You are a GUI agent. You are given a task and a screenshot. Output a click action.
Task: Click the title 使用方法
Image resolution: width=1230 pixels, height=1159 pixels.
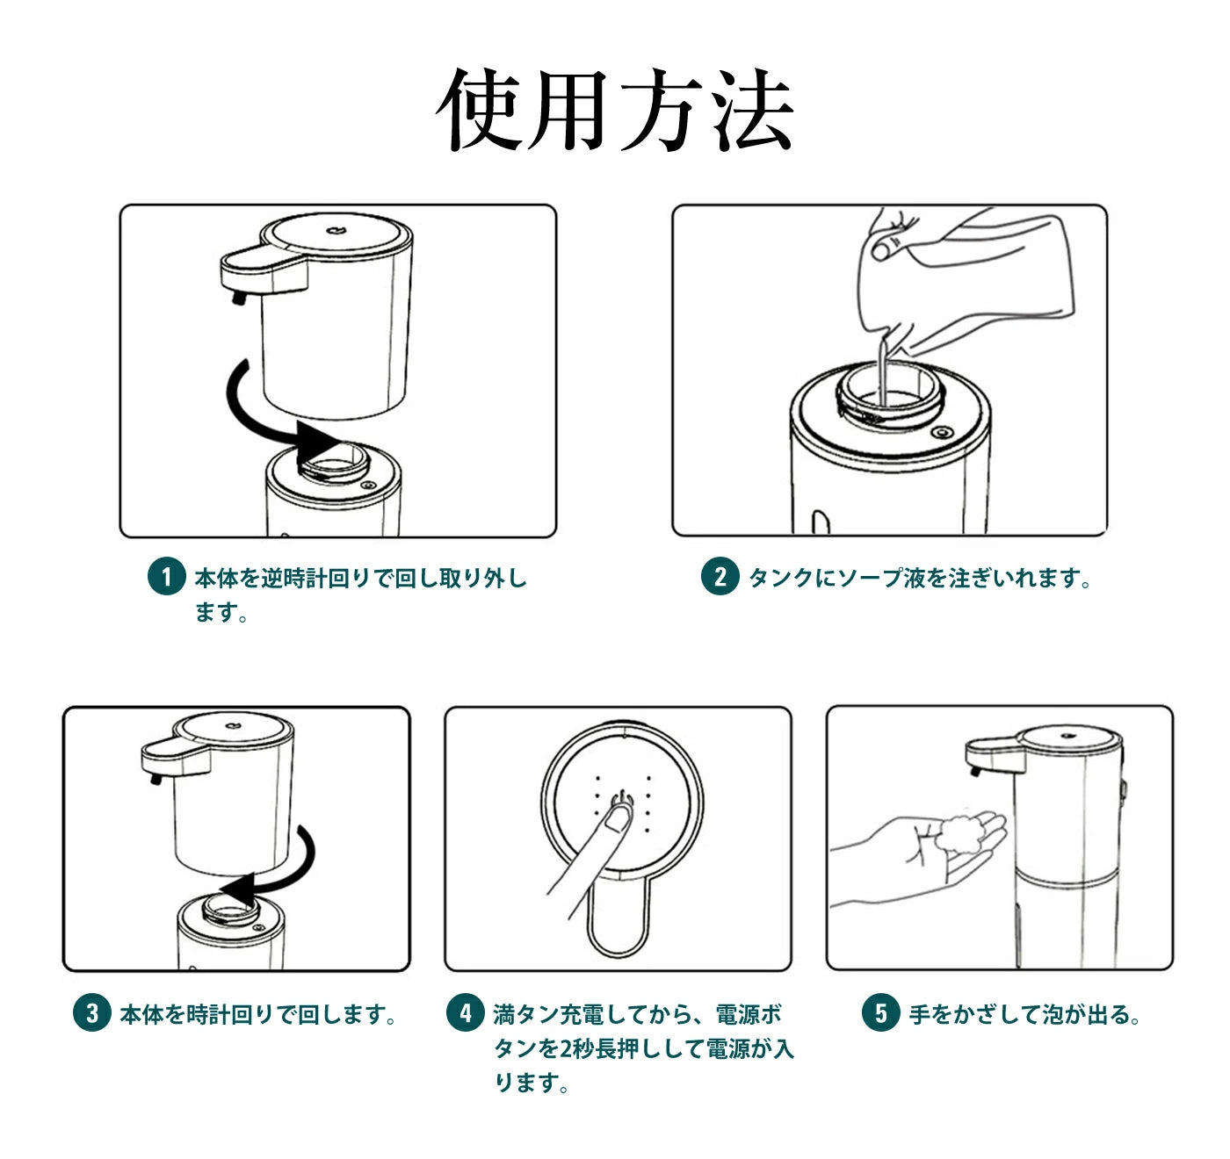(615, 111)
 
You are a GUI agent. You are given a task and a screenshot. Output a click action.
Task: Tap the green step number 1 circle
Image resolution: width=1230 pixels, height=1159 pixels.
(167, 576)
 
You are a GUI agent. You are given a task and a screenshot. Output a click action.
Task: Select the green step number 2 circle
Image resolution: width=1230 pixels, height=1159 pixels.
(720, 576)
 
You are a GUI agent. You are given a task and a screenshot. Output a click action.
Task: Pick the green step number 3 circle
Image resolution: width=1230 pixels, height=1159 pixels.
(91, 1012)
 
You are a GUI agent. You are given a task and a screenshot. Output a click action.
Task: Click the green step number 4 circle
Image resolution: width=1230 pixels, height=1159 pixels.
(465, 1012)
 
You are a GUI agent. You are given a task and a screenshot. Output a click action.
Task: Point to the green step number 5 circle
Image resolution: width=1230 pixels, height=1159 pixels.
(880, 1012)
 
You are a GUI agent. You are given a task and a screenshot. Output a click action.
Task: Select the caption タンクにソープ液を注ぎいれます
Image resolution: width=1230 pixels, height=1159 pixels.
(919, 578)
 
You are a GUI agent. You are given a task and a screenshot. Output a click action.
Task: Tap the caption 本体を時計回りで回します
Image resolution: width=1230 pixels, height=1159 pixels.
(257, 1014)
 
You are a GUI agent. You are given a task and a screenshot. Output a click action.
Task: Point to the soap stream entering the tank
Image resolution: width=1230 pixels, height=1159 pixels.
(882, 371)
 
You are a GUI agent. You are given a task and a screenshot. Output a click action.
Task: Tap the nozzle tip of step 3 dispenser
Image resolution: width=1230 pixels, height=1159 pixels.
(155, 779)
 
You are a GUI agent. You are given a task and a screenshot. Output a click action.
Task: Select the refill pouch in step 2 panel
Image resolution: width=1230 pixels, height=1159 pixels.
(966, 284)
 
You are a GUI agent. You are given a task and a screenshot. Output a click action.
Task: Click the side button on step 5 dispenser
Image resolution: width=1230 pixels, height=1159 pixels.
(1124, 794)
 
